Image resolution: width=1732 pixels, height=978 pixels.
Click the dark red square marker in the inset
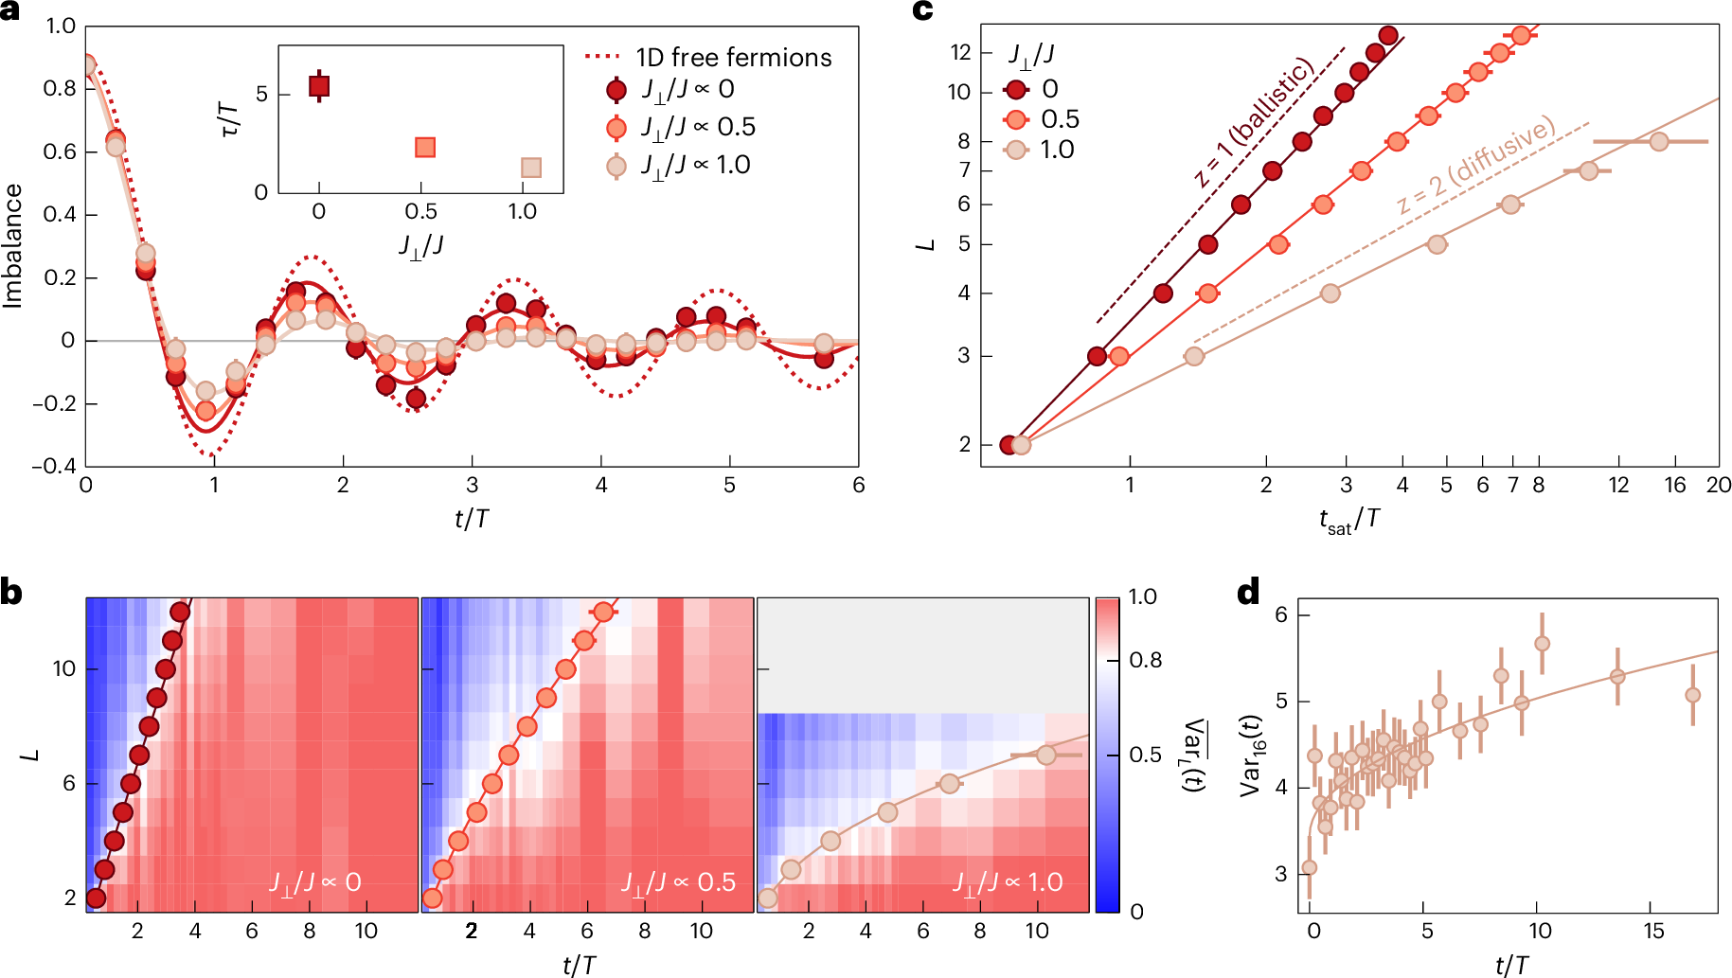click(x=319, y=87)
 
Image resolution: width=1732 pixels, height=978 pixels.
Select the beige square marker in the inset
click(x=531, y=168)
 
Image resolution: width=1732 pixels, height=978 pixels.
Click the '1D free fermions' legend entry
click(x=733, y=58)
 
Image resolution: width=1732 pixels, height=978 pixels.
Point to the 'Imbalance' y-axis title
click(x=13, y=246)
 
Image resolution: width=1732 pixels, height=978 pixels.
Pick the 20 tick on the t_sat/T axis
click(x=1718, y=486)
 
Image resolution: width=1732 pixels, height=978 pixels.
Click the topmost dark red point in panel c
click(x=1388, y=36)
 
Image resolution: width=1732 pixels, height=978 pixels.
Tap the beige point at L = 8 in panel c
click(x=1658, y=142)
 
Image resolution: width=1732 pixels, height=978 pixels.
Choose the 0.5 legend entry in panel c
click(x=1060, y=119)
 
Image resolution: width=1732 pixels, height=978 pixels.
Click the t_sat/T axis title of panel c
click(x=1349, y=520)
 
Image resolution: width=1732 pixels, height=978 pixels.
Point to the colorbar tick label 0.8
click(x=1145, y=660)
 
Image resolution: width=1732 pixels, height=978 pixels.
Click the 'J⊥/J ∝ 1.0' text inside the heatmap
click(x=1008, y=882)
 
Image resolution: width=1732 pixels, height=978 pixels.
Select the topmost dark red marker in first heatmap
click(x=180, y=613)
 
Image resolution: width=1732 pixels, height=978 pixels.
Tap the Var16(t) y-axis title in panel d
click(x=1251, y=754)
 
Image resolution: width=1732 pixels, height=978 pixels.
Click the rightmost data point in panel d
click(x=1692, y=695)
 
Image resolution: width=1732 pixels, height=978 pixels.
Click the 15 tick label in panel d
click(x=1653, y=931)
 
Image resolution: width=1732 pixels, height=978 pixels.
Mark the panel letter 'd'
click(x=1248, y=593)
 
